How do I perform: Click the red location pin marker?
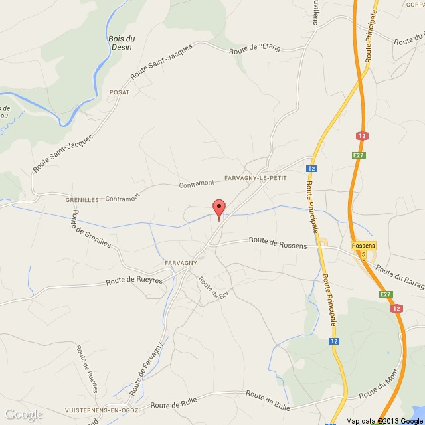(x=218, y=207)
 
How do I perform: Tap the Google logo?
(x=22, y=414)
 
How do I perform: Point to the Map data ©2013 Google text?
(x=383, y=420)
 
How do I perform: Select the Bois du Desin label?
(x=120, y=43)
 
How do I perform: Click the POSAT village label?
(x=120, y=92)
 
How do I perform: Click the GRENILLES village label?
(x=82, y=199)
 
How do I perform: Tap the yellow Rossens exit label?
(x=363, y=246)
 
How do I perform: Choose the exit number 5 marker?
(x=363, y=253)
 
